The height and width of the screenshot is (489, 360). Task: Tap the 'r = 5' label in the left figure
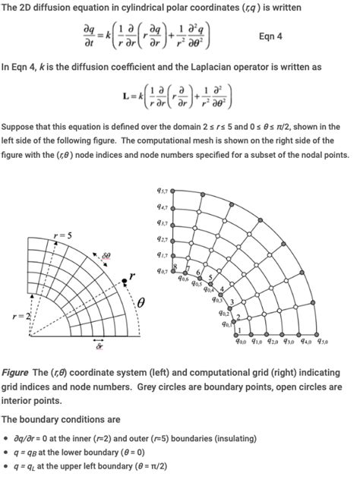coord(63,235)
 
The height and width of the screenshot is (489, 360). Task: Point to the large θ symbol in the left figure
coord(140,304)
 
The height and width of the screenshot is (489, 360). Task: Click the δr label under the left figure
coord(99,350)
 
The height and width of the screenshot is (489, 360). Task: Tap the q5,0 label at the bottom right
coord(324,342)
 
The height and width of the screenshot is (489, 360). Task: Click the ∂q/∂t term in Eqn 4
coord(93,35)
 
